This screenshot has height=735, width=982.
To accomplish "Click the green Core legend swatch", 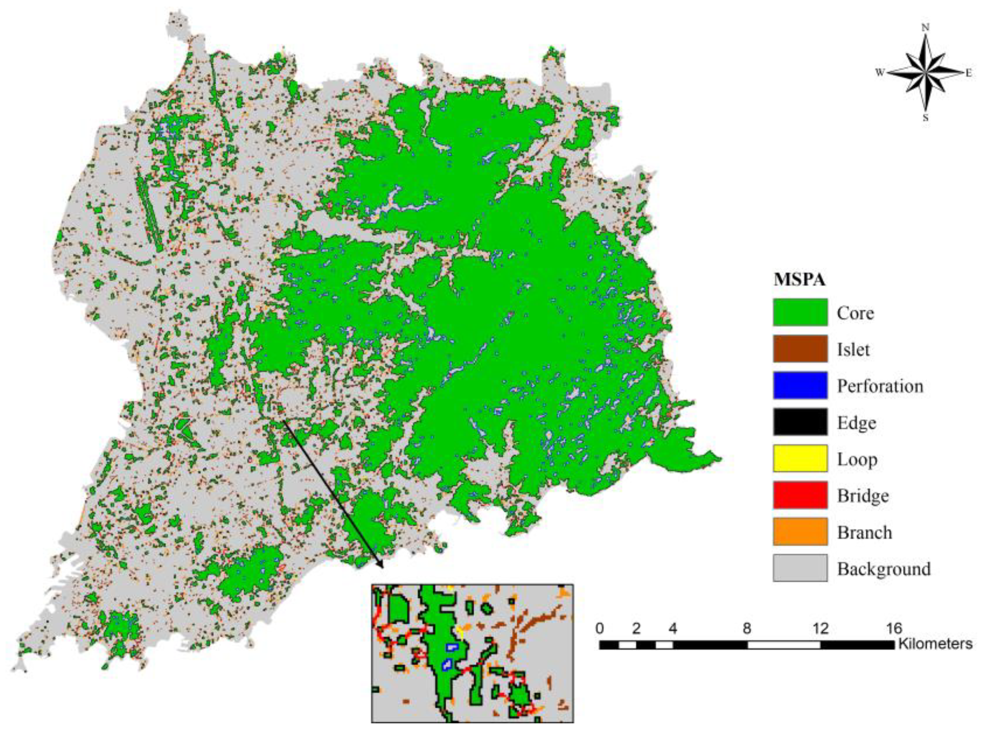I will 800,312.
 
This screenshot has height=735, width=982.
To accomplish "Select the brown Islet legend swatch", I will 800,348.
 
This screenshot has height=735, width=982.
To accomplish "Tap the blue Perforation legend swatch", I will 800,385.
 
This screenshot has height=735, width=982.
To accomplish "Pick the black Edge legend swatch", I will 800,422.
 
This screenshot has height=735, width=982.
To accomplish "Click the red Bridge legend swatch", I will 800,495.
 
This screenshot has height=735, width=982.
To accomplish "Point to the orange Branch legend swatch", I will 800,532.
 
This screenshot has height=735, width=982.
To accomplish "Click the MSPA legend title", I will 799,280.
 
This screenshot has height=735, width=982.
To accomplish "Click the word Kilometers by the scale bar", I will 935,644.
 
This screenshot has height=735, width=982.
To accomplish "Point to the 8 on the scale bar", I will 747,629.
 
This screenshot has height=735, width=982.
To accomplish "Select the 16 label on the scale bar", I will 894,629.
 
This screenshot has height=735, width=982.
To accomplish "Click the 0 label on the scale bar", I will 600,629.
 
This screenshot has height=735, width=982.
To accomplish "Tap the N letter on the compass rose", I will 926,28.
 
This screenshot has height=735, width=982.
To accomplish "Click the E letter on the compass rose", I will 969,73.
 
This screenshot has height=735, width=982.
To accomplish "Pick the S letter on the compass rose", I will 926,119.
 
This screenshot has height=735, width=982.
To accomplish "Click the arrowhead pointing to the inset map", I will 381,565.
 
